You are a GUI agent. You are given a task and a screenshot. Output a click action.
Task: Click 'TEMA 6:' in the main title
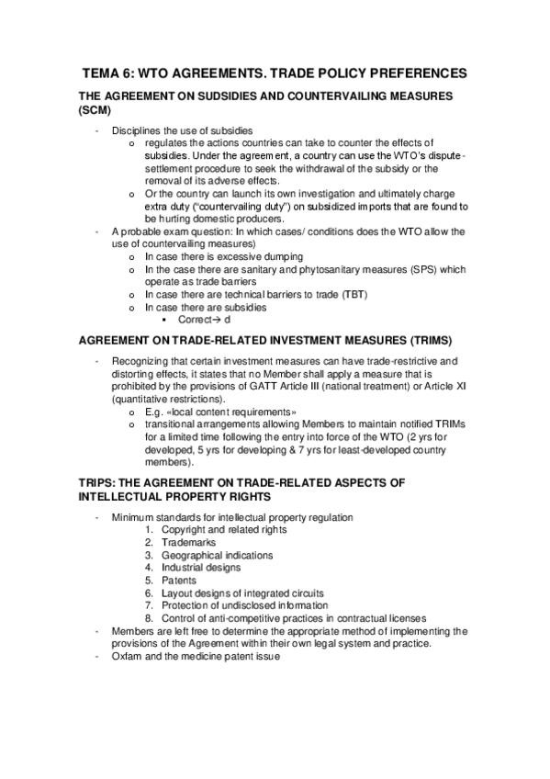click(x=111, y=73)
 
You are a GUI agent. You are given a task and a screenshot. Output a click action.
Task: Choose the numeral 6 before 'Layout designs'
click(x=148, y=593)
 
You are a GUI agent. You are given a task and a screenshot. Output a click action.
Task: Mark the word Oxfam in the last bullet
click(x=126, y=657)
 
